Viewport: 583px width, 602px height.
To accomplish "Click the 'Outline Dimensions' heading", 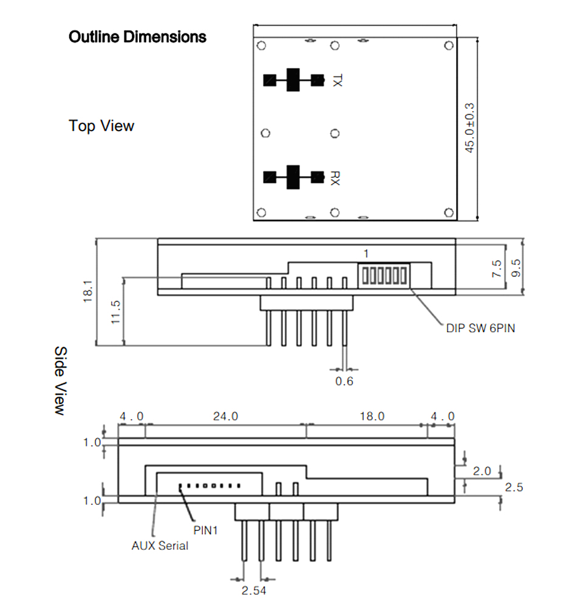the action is (x=137, y=37).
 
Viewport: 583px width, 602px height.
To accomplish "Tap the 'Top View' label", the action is (x=101, y=126).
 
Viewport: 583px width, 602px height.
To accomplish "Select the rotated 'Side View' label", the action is (x=61, y=380).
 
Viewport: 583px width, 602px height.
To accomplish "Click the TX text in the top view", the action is (x=336, y=81).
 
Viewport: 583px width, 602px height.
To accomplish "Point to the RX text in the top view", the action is (x=335, y=178).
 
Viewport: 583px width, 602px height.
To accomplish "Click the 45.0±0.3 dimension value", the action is (x=469, y=128).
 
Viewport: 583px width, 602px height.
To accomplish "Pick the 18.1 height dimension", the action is (x=88, y=291).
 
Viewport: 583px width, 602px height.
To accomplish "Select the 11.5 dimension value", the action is (x=115, y=312).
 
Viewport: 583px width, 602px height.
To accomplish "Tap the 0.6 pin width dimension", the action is (x=344, y=381).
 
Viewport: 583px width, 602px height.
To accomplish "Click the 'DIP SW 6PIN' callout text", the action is (x=480, y=328).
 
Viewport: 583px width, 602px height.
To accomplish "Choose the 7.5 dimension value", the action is (x=497, y=269).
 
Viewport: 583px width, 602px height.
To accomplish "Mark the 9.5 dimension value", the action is (x=516, y=268).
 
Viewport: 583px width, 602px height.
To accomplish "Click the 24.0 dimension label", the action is (x=226, y=416).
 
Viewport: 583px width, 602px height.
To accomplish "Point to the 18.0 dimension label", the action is (x=372, y=416).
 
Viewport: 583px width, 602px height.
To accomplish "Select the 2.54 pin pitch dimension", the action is (x=254, y=590).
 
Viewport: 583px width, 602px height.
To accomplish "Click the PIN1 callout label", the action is (x=205, y=530).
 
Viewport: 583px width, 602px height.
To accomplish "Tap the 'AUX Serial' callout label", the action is (x=160, y=546).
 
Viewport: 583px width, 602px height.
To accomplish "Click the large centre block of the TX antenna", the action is (x=293, y=80).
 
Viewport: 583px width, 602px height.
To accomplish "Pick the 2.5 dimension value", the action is (x=514, y=487).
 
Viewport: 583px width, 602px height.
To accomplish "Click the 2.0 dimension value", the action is (x=482, y=471).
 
